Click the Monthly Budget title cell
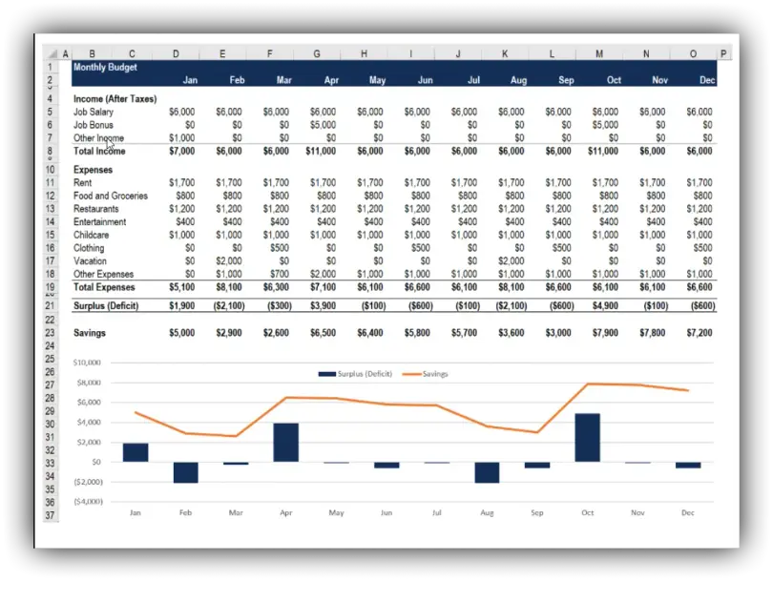tap(105, 68)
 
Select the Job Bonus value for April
tap(323, 125)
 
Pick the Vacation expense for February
tap(229, 260)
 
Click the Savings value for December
tap(700, 333)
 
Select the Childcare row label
tap(92, 235)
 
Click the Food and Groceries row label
tap(111, 196)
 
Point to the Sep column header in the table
tap(566, 80)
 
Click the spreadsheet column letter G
tap(317, 54)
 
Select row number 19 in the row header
tap(50, 287)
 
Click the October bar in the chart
tap(587, 437)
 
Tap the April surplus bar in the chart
tap(285, 442)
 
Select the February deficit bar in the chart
tap(185, 472)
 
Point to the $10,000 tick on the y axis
tap(87, 363)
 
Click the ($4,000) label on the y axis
tap(87, 501)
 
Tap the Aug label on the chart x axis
tap(487, 512)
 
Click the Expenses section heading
tap(93, 170)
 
